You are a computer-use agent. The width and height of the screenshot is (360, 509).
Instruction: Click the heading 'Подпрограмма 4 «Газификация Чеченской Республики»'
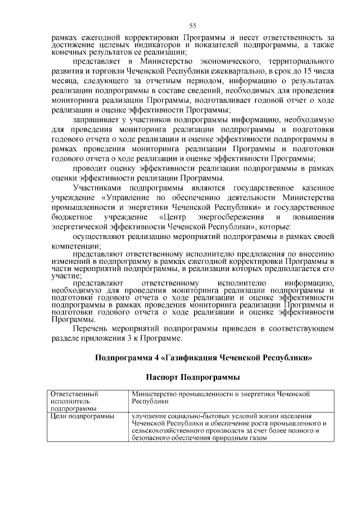click(203, 357)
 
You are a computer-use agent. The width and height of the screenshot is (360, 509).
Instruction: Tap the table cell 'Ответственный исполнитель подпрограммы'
click(74, 402)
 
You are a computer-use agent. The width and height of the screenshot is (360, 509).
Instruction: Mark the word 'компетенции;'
click(75, 246)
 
